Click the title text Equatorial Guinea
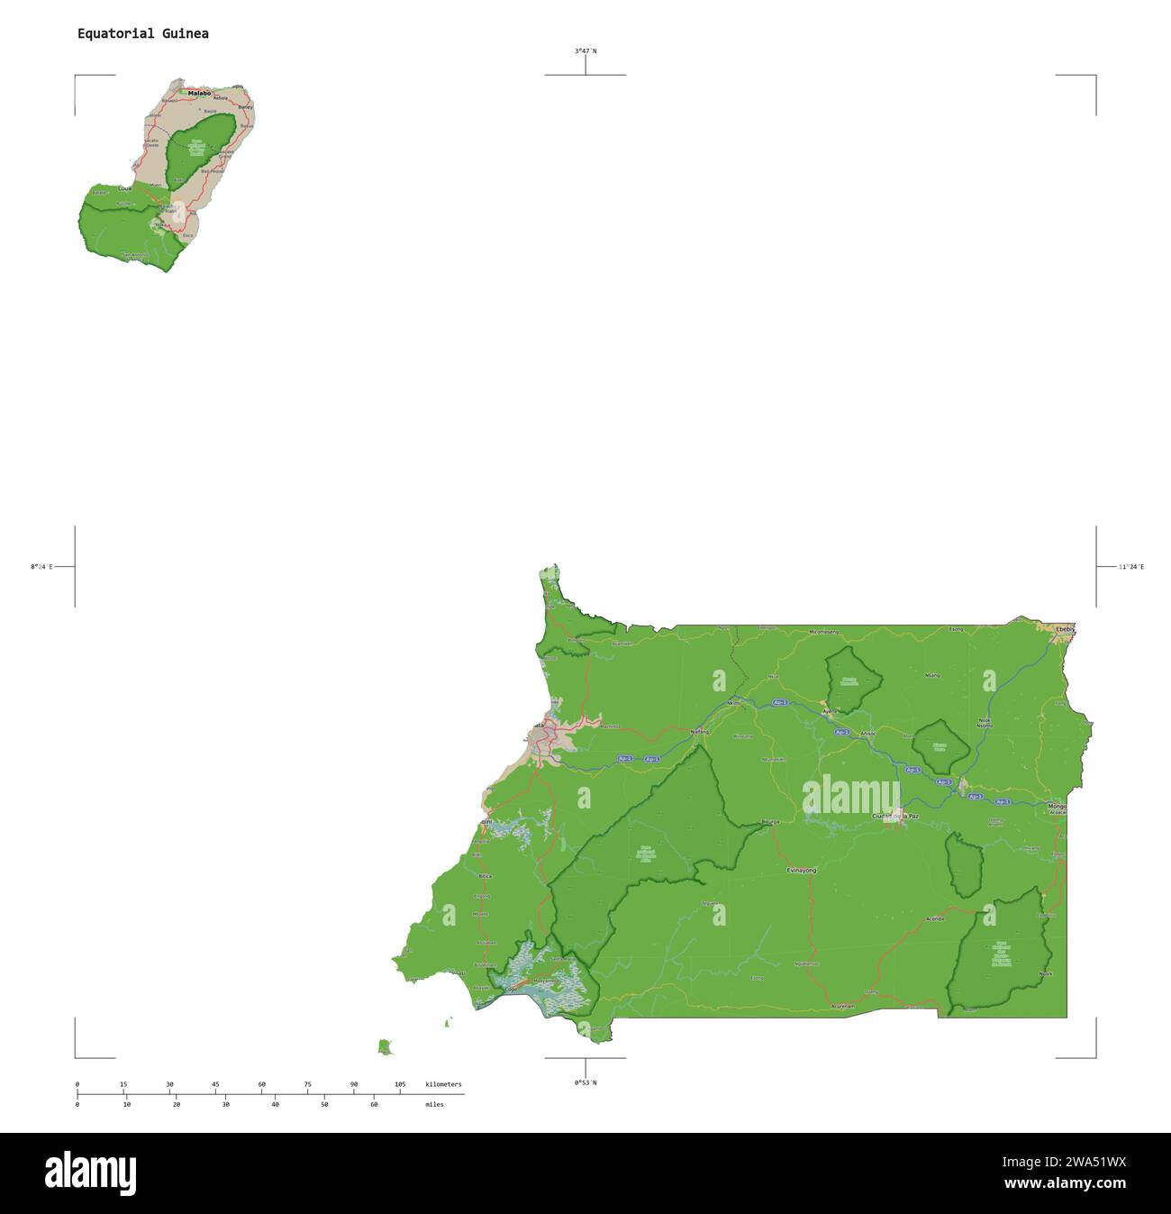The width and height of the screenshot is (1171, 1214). click(x=142, y=34)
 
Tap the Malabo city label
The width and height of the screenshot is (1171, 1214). click(x=199, y=93)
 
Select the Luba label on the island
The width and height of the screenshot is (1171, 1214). click(x=125, y=188)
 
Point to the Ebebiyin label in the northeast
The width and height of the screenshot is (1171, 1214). click(x=1065, y=628)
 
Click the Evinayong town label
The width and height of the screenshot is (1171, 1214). click(x=801, y=870)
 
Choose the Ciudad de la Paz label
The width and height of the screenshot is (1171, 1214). click(x=895, y=816)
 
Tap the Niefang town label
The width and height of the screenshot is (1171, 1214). click(x=700, y=732)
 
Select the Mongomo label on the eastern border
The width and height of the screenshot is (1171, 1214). click(x=1057, y=805)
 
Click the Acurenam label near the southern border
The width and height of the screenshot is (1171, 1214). click(x=842, y=1005)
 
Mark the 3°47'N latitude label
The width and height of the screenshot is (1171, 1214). click(x=585, y=51)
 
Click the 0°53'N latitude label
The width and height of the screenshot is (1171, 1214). click(x=585, y=1082)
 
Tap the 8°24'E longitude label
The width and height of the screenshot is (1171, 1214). click(x=41, y=567)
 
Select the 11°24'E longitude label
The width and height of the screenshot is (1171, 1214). click(x=1131, y=567)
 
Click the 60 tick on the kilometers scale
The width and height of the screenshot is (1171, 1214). click(x=261, y=1084)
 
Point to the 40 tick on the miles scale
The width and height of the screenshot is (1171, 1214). click(x=275, y=1104)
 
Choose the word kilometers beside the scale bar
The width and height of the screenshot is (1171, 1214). click(x=443, y=1084)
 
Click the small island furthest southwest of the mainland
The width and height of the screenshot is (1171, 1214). click(x=385, y=1046)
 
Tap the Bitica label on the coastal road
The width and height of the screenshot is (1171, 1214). click(x=486, y=876)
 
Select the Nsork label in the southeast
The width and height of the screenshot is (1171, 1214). click(x=1046, y=973)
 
